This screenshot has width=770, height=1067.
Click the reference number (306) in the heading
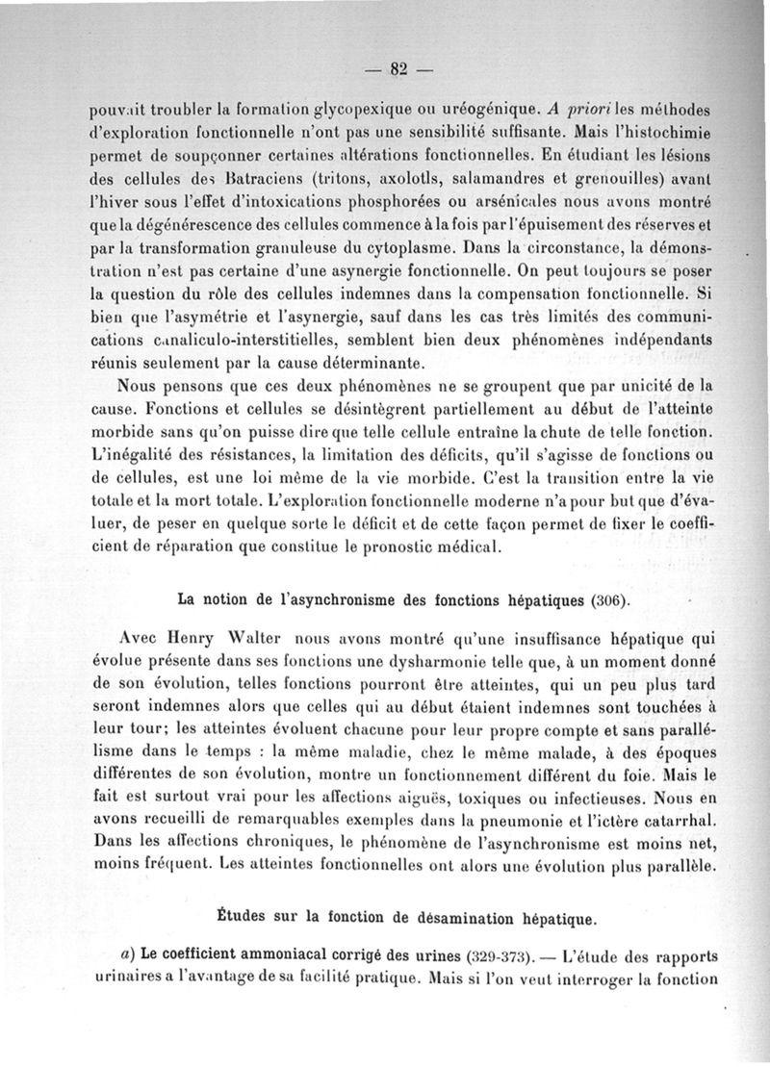(606, 601)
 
